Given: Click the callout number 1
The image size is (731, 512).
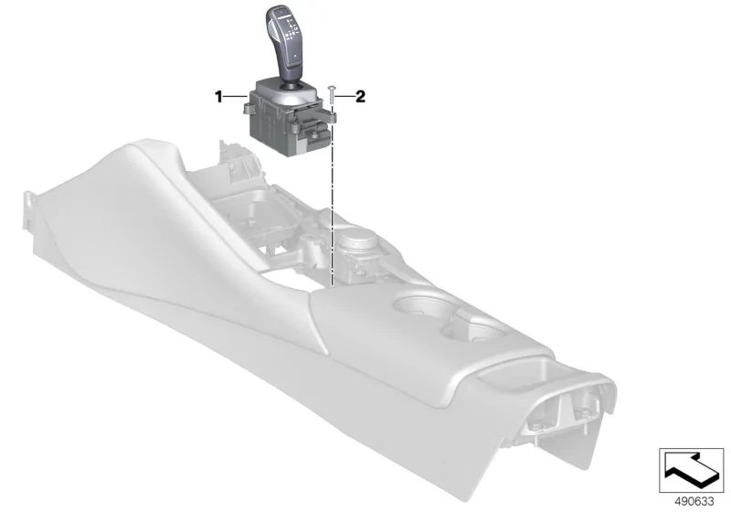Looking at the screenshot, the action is (x=218, y=97).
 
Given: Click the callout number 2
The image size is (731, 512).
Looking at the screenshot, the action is (x=360, y=97).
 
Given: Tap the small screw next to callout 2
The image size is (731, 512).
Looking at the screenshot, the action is (x=331, y=96).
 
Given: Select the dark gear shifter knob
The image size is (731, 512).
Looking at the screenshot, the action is (x=284, y=45).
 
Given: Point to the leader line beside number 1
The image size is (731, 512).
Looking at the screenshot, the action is (x=236, y=97).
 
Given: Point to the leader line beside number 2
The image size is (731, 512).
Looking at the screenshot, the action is (x=345, y=97).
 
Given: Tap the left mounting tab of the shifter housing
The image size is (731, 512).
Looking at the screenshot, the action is (x=248, y=109).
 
